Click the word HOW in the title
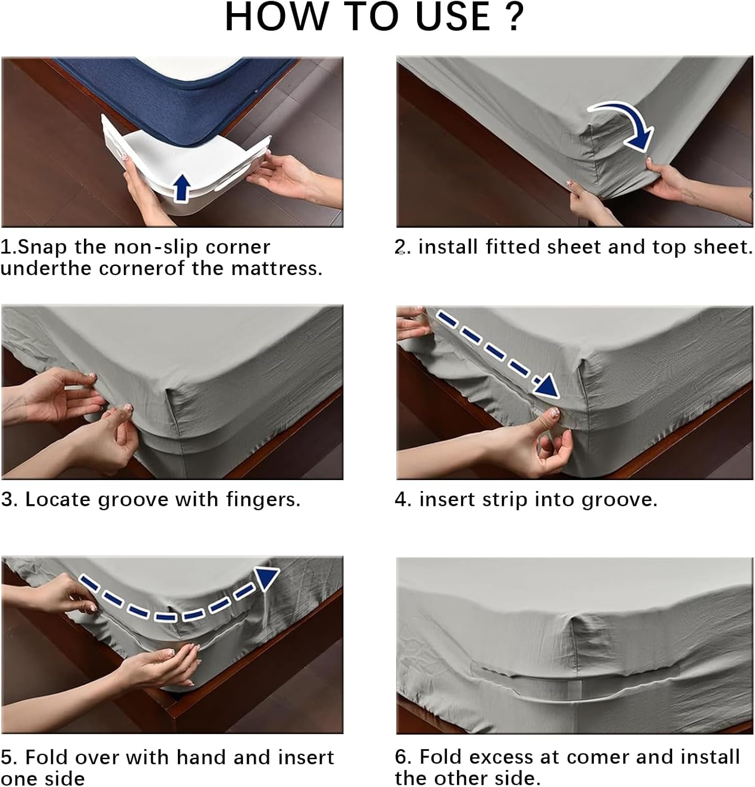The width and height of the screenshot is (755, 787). pos(272,17)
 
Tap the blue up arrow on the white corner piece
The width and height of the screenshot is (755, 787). pos(182,188)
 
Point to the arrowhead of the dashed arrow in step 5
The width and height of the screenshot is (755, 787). pos(267,578)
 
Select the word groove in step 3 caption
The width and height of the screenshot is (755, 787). pos(134,500)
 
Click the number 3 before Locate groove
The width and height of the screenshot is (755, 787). pos(7,499)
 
